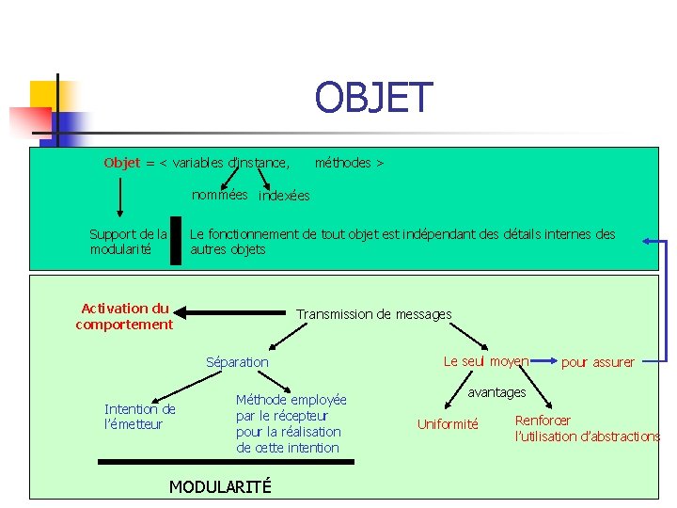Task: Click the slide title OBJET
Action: click(373, 97)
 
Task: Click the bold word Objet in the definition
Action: click(121, 163)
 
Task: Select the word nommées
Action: click(220, 195)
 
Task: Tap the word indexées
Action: click(284, 196)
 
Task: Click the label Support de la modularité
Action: click(128, 242)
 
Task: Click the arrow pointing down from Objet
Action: click(120, 198)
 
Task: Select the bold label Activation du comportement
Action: click(124, 316)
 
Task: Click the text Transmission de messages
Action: click(373, 314)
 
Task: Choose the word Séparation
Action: click(237, 362)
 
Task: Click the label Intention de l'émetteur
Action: click(139, 417)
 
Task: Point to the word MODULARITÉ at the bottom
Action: click(219, 486)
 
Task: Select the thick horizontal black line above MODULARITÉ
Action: click(226, 462)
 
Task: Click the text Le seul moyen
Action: click(485, 361)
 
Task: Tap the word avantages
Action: click(496, 391)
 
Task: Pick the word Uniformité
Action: click(448, 424)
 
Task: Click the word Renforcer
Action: click(543, 421)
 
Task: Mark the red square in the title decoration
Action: click(27, 120)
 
